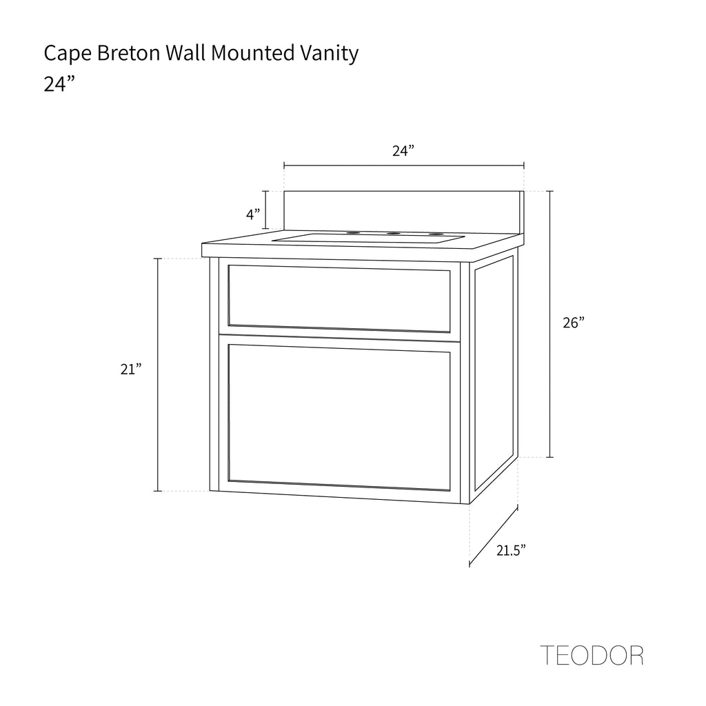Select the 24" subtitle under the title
tap(59, 84)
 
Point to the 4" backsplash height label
tap(254, 214)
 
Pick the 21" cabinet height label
tap(131, 370)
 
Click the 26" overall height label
tap(573, 323)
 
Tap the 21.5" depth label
tap(512, 550)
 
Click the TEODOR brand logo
tap(592, 655)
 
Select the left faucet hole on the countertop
tap(354, 233)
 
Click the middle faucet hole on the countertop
tap(394, 234)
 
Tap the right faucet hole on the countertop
tap(435, 234)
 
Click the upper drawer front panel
tap(339, 298)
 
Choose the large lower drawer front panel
tap(339, 416)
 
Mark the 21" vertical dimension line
tap(158, 375)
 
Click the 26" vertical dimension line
tap(549, 324)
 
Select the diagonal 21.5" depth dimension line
tap(494, 536)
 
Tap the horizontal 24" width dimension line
tap(404, 165)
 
